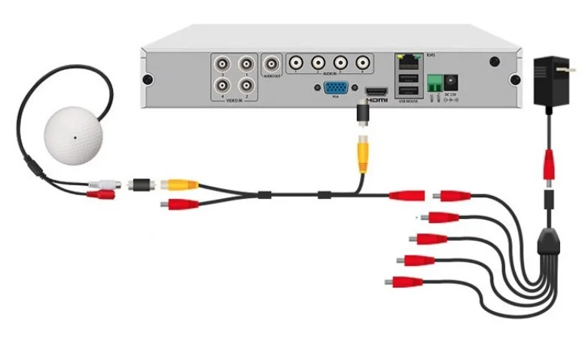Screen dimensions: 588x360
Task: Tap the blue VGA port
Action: tap(336, 89)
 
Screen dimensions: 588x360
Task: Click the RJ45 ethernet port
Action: tap(407, 59)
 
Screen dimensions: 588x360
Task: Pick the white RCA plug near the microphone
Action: tap(103, 183)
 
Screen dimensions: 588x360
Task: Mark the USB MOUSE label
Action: tap(409, 99)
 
